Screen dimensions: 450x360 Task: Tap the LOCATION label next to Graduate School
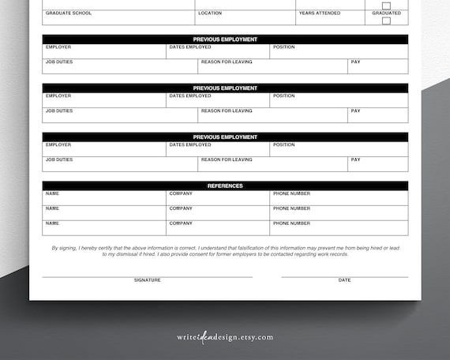210,13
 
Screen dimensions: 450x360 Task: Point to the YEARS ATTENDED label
320,13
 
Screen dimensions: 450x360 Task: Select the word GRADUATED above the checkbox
386,13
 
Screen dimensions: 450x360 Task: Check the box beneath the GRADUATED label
386,21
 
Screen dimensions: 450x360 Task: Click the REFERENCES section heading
225,186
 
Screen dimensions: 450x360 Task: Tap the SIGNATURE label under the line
147,280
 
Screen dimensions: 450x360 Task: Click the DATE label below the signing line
344,280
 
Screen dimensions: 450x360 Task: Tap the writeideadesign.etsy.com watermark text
225,337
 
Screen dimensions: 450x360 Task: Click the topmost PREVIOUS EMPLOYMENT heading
225,39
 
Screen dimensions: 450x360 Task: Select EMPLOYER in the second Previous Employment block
58,96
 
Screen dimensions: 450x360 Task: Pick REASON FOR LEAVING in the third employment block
227,160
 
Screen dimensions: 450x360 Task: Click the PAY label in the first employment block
355,62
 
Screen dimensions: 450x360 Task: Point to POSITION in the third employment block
283,145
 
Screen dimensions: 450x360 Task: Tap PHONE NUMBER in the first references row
291,194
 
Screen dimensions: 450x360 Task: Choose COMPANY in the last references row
181,223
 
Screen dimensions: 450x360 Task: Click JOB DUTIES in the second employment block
59,111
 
